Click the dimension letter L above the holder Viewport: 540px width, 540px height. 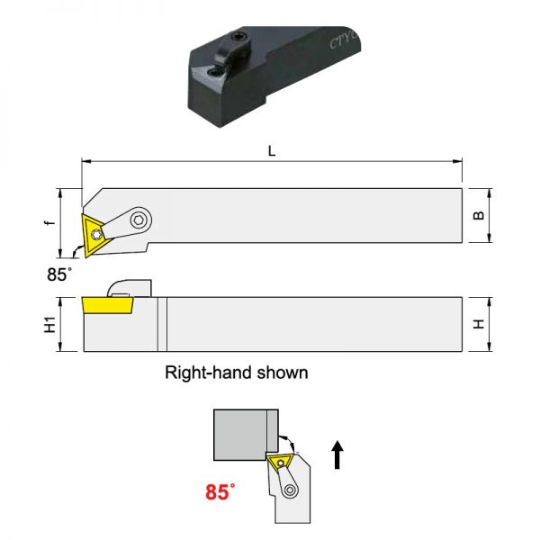(x=272, y=151)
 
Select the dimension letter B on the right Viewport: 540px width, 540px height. (x=479, y=215)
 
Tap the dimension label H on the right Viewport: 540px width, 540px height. (x=479, y=324)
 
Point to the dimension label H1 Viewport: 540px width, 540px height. (x=49, y=324)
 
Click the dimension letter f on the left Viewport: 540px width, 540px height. (x=50, y=222)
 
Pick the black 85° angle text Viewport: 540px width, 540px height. (x=59, y=274)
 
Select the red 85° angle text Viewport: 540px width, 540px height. (x=220, y=491)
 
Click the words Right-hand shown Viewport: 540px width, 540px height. (x=237, y=373)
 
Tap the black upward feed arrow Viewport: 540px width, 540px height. (x=337, y=454)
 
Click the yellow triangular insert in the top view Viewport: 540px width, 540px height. (x=94, y=235)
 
